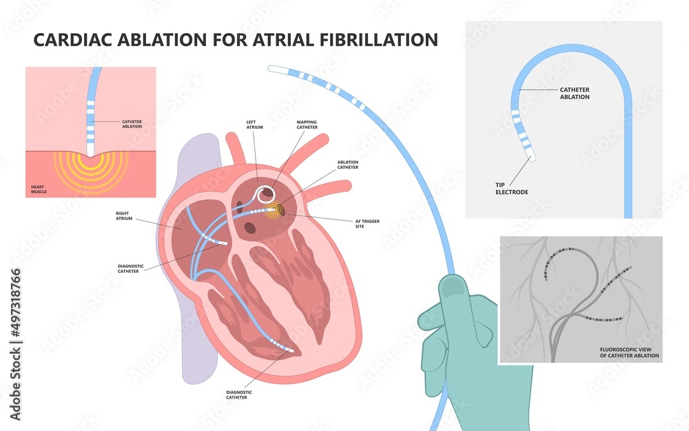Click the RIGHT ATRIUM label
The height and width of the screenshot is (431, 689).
point(125,217)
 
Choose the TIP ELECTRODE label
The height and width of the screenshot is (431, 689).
point(511,188)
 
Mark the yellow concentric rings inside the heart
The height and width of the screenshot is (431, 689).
point(275,209)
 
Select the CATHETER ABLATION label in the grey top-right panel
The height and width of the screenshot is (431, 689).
point(574,93)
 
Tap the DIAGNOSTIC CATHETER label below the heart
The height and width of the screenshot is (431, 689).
point(239,394)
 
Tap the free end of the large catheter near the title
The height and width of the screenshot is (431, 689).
point(272,67)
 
